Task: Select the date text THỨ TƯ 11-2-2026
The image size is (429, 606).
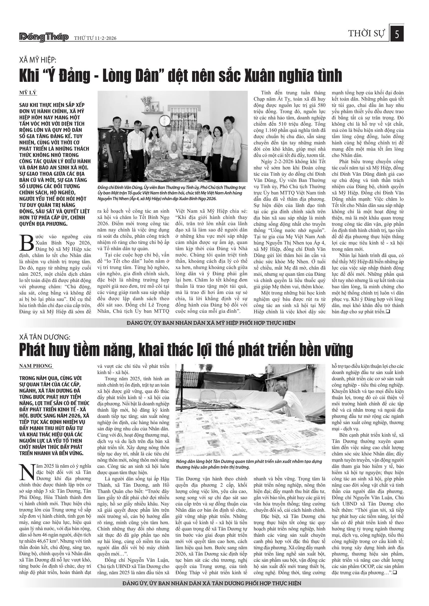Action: coord(95,38)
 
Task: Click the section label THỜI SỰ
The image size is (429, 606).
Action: coord(366,34)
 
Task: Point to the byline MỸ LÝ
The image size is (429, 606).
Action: coord(28,93)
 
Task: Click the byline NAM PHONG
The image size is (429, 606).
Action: coord(36,366)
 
